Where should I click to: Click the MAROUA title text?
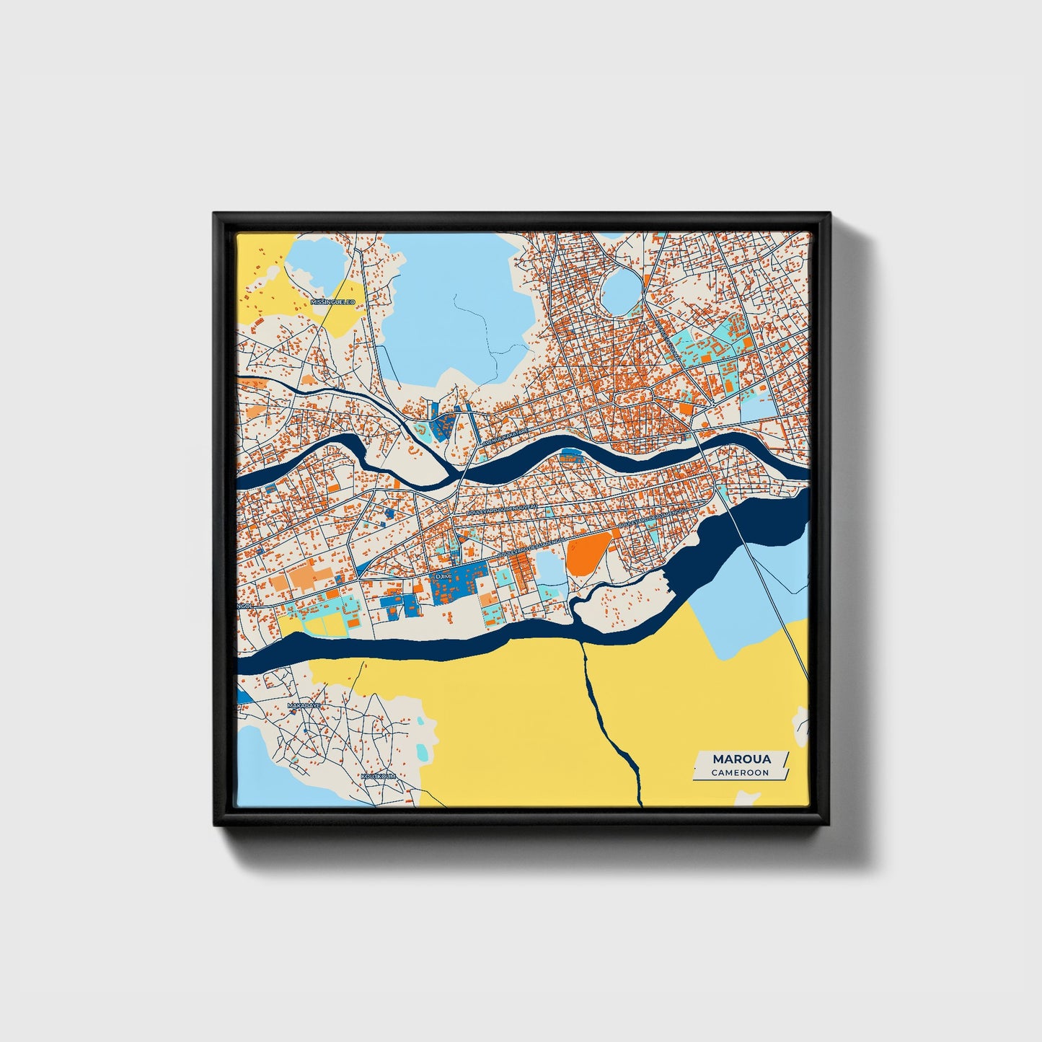pos(741,759)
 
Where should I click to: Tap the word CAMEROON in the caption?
pos(740,772)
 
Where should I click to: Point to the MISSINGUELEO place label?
pos(332,301)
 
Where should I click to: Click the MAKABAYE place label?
pos(304,705)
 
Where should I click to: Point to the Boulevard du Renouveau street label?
pos(505,511)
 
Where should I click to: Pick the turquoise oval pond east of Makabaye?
pos(423,750)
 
